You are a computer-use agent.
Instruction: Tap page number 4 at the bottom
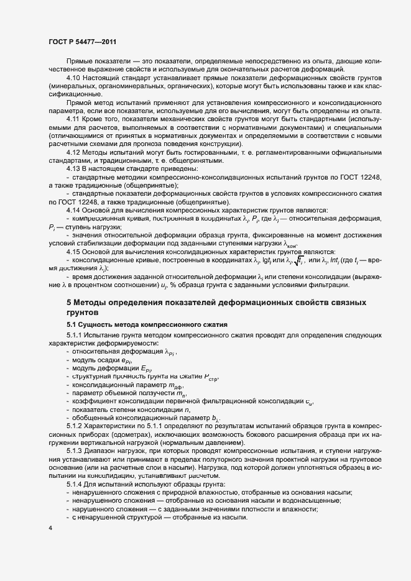tap(50, 528)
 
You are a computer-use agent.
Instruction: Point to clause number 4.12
tap(73, 152)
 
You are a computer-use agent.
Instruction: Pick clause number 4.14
tap(73, 209)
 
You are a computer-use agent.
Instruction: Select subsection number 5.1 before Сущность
tap(72, 325)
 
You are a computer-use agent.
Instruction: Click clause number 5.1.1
tap(76, 336)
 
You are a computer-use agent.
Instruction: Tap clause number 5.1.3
tap(76, 450)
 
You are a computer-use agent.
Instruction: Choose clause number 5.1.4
tap(76, 483)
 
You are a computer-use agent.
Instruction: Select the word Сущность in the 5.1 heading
tap(99, 325)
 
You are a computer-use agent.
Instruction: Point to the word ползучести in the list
tap(152, 393)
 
